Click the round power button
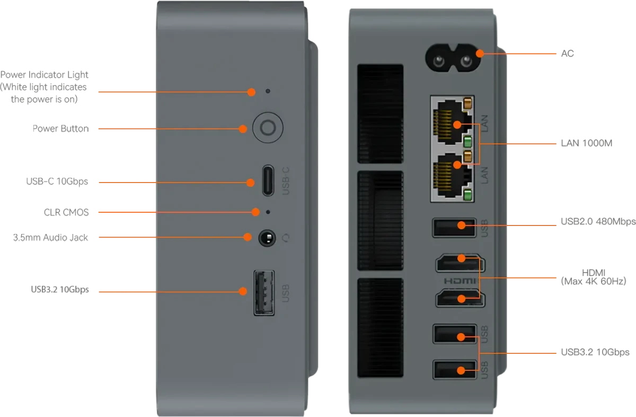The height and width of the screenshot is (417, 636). point(268,128)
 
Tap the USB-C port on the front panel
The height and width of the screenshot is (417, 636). point(268,180)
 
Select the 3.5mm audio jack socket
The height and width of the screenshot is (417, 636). point(267,238)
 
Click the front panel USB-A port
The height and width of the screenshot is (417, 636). point(264,293)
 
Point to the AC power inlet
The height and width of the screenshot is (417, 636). point(453,58)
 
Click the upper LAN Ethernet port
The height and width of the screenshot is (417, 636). point(452,123)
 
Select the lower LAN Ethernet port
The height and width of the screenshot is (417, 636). point(452,176)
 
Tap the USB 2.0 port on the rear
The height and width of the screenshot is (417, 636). point(454,228)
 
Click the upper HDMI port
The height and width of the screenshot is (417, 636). point(460,263)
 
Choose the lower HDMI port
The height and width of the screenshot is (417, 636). point(460,298)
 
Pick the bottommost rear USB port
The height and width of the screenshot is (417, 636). point(455,370)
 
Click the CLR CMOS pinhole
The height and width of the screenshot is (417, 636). point(268,212)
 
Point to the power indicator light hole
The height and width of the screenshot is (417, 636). point(268,91)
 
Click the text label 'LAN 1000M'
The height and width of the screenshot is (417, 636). point(587,143)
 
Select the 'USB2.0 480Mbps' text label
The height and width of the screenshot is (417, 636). point(598,221)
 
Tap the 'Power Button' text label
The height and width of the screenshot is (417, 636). point(61,128)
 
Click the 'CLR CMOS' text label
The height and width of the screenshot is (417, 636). point(66,212)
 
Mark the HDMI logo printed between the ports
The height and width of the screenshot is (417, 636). point(460,281)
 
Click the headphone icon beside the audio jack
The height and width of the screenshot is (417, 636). point(286,238)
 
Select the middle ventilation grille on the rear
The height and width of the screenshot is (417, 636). point(380,221)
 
